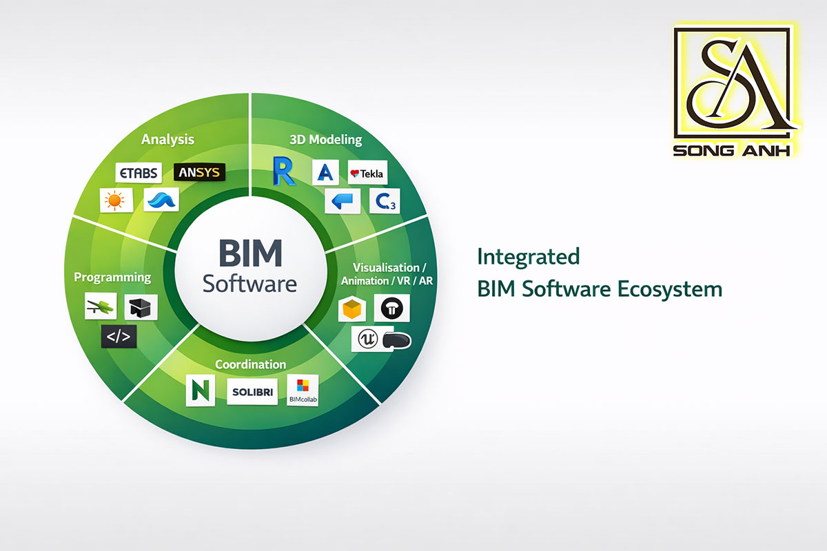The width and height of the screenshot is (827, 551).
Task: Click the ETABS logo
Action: tap(139, 172)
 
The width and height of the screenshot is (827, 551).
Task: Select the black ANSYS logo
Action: tap(198, 171)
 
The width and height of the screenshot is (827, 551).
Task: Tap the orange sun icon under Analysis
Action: tap(113, 200)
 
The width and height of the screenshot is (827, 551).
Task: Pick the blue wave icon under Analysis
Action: tap(161, 200)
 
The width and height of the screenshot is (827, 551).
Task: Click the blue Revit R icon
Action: tap(283, 171)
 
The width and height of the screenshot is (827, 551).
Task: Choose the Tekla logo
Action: tap(367, 174)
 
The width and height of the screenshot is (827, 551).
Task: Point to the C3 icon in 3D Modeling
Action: tap(382, 200)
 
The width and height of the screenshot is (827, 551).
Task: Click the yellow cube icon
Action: tap(352, 310)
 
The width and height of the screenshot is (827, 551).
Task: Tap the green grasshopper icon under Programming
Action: tap(100, 306)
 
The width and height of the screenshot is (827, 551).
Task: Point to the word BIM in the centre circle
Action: tap(250, 253)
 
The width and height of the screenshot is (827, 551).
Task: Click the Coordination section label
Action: tap(250, 364)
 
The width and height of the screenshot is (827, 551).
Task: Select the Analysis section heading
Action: tap(167, 139)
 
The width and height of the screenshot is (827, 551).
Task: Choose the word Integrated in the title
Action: tap(529, 257)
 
